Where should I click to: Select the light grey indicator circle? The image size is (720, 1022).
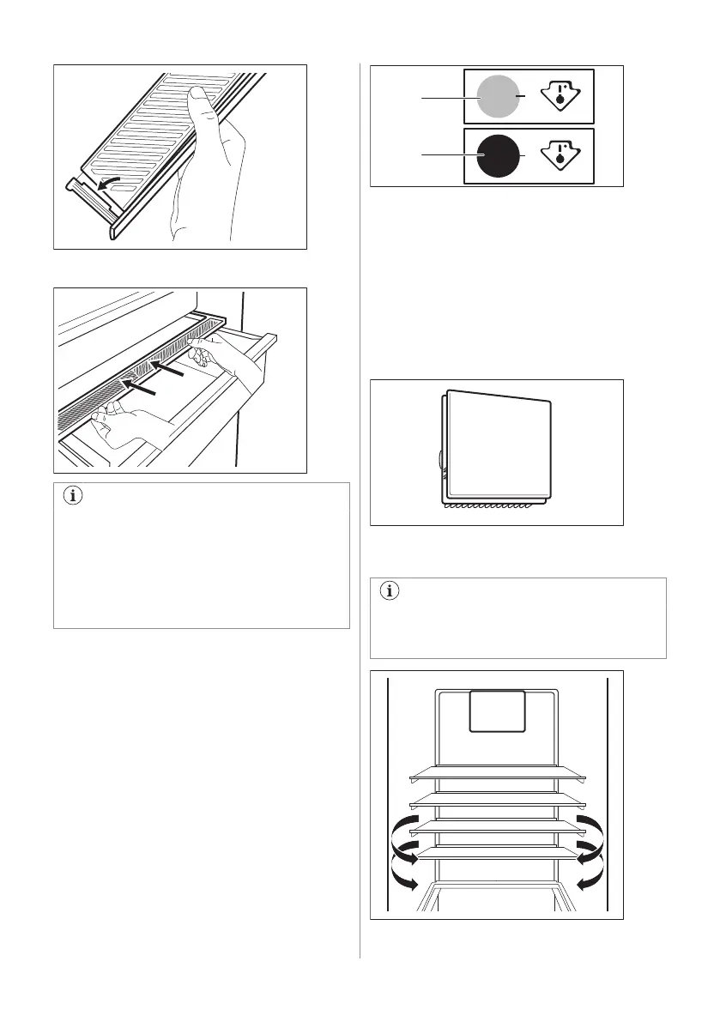click(498, 99)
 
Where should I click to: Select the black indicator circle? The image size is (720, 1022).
click(498, 155)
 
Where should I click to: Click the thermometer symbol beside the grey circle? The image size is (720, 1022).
click(561, 99)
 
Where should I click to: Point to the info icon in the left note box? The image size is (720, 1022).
click(72, 497)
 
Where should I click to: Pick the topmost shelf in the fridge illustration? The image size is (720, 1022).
click(498, 775)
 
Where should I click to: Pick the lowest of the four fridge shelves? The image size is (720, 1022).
click(498, 853)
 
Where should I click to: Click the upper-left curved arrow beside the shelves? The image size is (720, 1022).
click(401, 832)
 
